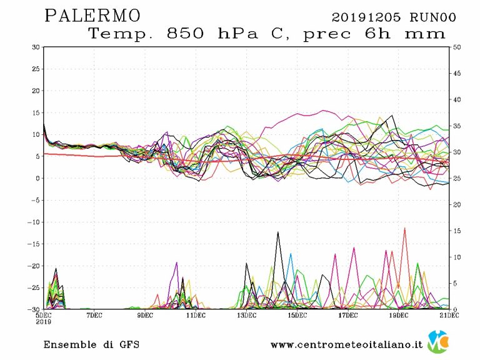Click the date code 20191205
pos(365,17)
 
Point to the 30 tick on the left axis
pos(36,47)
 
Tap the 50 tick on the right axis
pos(457,47)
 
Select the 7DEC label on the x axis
pos(94,315)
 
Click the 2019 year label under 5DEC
pos(43,322)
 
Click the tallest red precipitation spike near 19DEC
pos(405,229)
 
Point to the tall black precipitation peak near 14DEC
pos(277,232)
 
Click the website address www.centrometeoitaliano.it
pos(346,344)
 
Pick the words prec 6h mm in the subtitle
pos(373,34)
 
